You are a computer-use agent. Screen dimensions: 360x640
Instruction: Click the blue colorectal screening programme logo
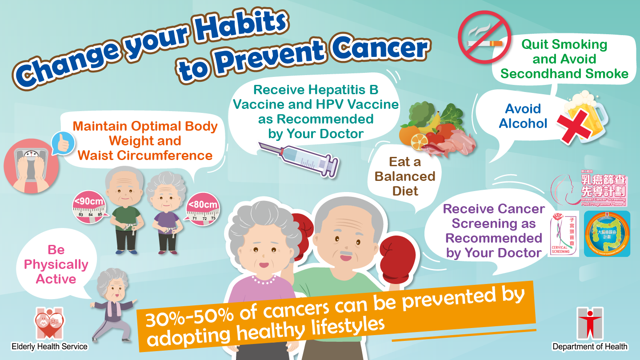pyautogui.click(x=607, y=234)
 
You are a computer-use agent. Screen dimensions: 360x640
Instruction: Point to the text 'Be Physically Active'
pyautogui.click(x=56, y=264)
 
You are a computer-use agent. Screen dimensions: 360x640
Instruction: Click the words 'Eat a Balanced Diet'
pyautogui.click(x=404, y=176)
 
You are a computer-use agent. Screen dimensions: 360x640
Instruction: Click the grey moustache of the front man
pyautogui.click(x=346, y=256)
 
